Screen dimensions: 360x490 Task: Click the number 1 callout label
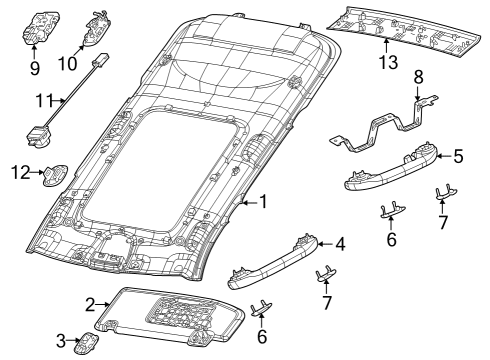[x=263, y=202]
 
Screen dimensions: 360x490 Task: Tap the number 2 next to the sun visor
[x=89, y=305]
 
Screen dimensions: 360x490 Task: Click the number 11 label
[x=41, y=100]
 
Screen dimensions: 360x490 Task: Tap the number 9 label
[x=34, y=70]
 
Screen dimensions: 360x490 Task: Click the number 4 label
[x=340, y=244]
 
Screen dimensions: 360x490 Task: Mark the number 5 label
[x=458, y=156]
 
